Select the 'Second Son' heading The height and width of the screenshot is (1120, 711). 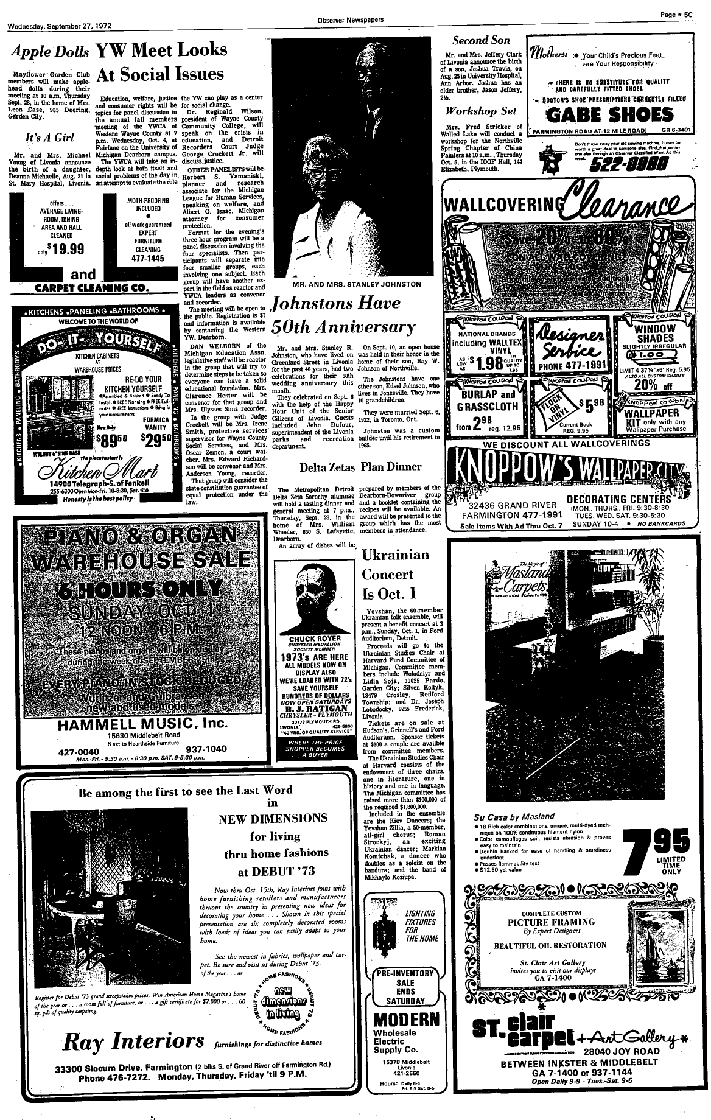[481, 41]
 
